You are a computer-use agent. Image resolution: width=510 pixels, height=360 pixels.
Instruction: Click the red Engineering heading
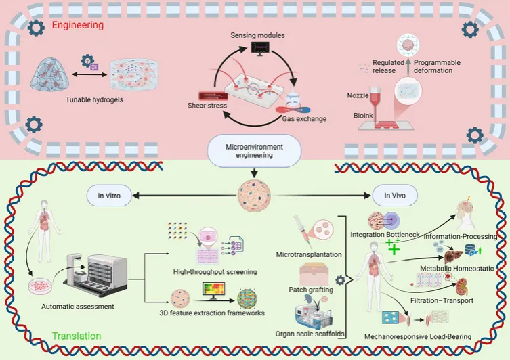[78, 25]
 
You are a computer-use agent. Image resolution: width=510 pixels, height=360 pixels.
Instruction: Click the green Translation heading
[77, 336]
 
